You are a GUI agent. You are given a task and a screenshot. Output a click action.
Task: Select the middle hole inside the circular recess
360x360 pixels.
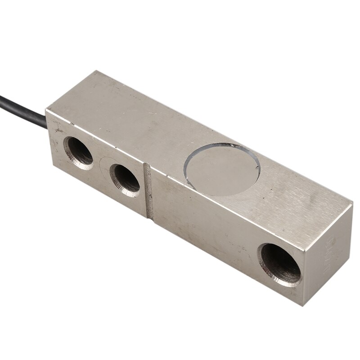(126, 178)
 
